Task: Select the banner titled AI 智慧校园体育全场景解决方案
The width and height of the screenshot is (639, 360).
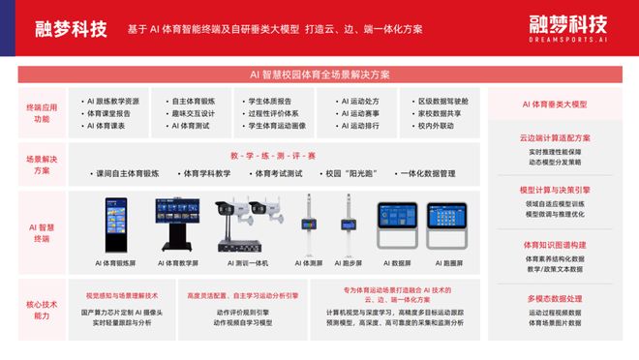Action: pyautogui.click(x=319, y=75)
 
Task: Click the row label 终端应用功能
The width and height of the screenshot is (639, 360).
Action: pyautogui.click(x=39, y=112)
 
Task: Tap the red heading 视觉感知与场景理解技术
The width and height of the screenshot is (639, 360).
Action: pyautogui.click(x=121, y=295)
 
